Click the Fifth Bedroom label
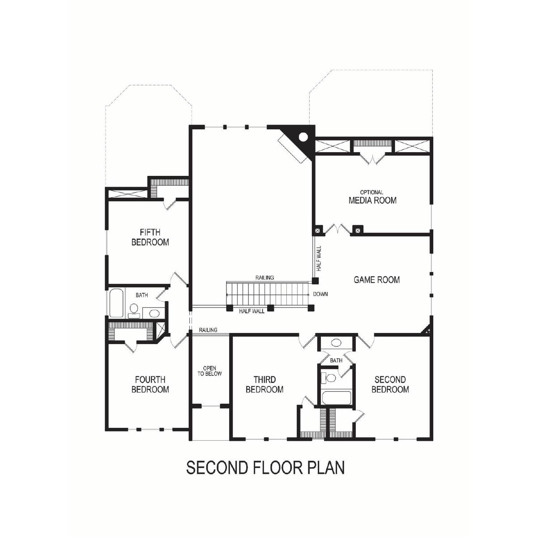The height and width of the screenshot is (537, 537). [x=150, y=237]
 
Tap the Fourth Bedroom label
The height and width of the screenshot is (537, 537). [x=150, y=384]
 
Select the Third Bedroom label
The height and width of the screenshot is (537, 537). [x=264, y=384]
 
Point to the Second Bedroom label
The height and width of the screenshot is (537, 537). [x=390, y=384]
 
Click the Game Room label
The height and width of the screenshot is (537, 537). [x=377, y=280]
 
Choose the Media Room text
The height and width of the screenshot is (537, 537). [x=373, y=200]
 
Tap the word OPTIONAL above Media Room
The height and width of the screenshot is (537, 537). [x=371, y=192]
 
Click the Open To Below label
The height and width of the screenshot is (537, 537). [x=209, y=371]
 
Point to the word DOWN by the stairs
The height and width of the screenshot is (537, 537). [x=320, y=294]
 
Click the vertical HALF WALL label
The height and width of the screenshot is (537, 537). [x=319, y=258]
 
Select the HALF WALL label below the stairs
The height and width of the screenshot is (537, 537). [x=251, y=311]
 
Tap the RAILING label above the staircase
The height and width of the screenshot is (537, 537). [x=265, y=277]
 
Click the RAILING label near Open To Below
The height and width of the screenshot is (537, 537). [x=208, y=330]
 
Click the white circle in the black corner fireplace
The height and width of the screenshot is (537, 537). [x=303, y=137]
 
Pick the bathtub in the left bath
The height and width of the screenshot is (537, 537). [x=116, y=303]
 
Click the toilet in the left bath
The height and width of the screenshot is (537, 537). [x=134, y=311]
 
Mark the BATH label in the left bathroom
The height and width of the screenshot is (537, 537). [x=141, y=295]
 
